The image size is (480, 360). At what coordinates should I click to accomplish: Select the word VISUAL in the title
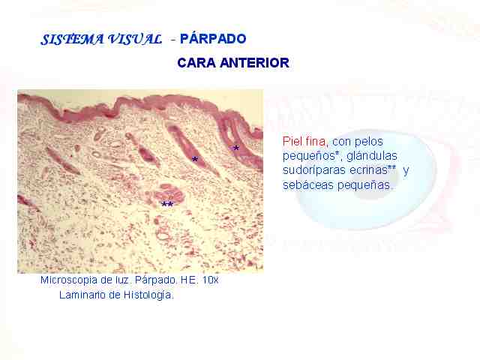[135, 39]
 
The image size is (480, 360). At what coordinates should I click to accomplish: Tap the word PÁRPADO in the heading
[213, 38]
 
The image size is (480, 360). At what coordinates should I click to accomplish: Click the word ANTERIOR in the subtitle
[255, 63]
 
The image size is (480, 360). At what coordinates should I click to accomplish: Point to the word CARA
[196, 63]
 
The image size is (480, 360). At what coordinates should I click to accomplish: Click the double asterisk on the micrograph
[167, 204]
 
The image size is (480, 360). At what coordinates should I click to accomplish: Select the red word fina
[316, 142]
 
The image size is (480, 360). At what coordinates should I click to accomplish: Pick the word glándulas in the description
[372, 156]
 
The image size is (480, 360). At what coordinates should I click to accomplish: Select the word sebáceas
[308, 185]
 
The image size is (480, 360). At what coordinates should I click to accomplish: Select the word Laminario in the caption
[82, 295]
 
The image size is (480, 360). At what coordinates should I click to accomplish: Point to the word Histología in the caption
[148, 295]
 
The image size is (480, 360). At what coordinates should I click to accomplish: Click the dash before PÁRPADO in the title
[173, 40]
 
